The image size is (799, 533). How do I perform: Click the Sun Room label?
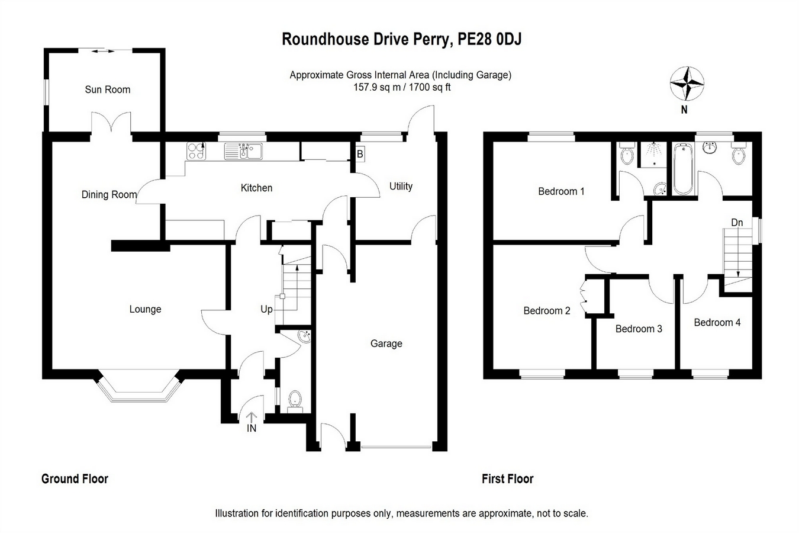[107, 89]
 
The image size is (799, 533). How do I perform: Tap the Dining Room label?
[109, 194]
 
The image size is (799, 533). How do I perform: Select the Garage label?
[386, 343]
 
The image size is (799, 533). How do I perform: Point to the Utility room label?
[401, 186]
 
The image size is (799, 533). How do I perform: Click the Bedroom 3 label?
[639, 329]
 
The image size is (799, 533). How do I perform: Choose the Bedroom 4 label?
[717, 322]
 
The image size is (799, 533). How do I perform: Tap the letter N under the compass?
[684, 110]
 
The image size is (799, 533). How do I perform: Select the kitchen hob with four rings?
[196, 151]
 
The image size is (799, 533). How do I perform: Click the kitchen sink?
[243, 152]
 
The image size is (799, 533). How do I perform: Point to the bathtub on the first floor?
[682, 169]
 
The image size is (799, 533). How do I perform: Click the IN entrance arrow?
[252, 419]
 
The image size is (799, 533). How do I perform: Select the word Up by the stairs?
[267, 309]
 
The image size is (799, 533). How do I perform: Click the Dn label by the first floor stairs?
[737, 223]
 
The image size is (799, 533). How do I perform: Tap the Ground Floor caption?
[75, 479]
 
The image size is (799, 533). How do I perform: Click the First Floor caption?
[507, 479]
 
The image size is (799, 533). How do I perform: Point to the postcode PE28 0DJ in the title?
[490, 40]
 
